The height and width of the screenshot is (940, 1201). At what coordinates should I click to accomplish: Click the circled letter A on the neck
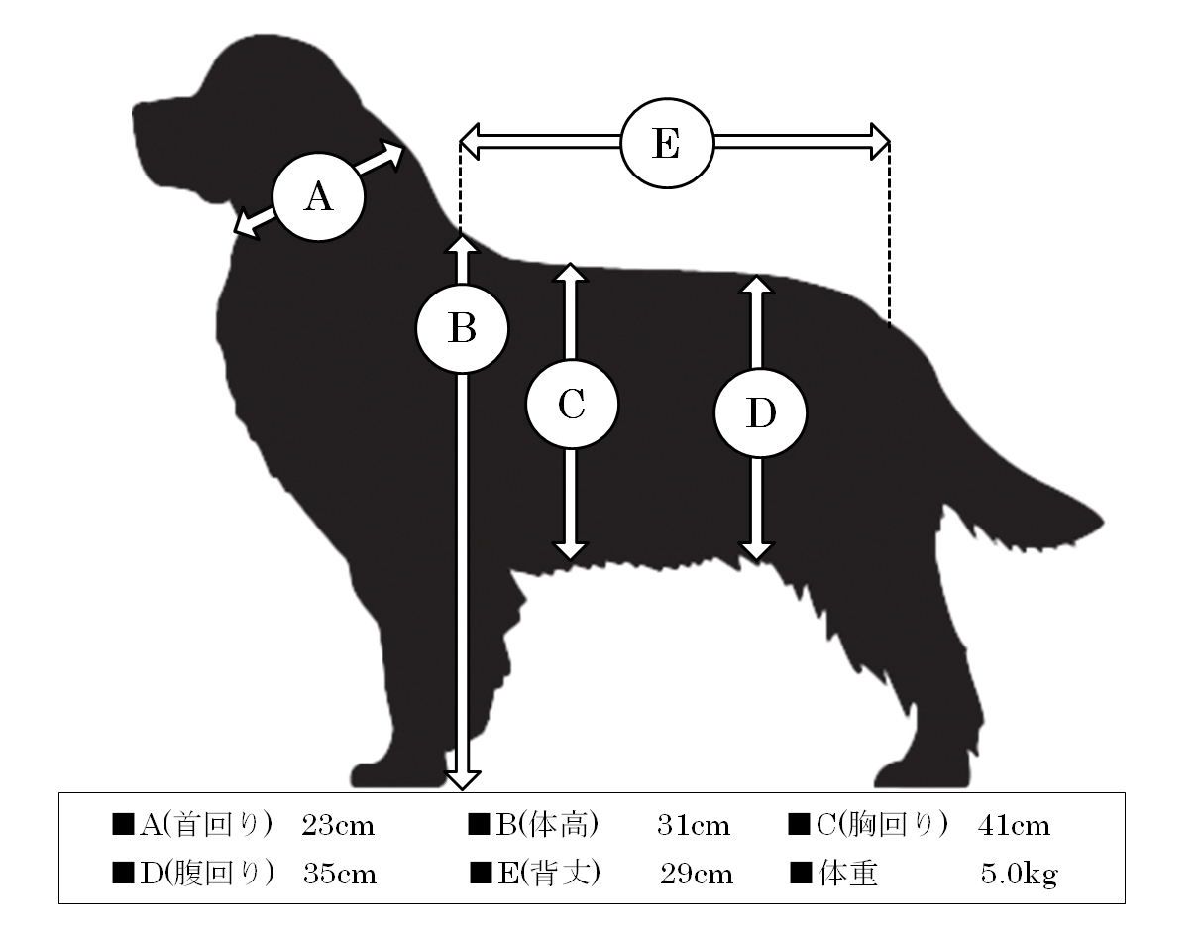(x=319, y=197)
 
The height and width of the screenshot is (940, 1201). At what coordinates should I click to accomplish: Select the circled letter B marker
(x=462, y=329)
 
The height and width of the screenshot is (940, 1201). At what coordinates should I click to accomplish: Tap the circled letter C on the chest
(x=572, y=405)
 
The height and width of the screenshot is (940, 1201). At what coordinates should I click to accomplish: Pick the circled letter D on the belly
(x=760, y=413)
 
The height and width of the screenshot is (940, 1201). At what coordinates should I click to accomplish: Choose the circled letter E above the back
(x=667, y=144)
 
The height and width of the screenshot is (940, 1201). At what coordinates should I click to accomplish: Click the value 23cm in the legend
(x=338, y=826)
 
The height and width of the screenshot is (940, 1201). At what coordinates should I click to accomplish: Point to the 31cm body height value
(x=694, y=826)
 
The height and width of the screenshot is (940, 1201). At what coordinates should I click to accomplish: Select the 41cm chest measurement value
(x=1014, y=826)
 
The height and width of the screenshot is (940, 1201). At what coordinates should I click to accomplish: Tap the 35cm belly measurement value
(x=340, y=875)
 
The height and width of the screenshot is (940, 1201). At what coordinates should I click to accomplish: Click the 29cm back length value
(x=697, y=875)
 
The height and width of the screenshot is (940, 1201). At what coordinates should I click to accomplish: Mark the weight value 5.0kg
(x=1019, y=875)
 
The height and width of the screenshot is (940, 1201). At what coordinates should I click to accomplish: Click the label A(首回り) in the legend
(x=205, y=825)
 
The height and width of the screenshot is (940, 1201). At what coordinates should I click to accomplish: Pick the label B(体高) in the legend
(x=547, y=825)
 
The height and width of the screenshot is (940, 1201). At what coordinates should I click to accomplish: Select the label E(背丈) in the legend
(x=549, y=874)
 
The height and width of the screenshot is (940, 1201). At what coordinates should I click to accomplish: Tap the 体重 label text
(x=848, y=874)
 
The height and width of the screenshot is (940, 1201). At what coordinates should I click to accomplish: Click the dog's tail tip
(x=1101, y=522)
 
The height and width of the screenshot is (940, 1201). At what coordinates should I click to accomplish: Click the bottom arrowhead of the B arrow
(x=462, y=779)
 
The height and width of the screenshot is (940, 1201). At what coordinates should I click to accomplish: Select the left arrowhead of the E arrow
(x=470, y=142)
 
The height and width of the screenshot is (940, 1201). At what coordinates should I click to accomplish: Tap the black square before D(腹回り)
(x=123, y=874)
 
